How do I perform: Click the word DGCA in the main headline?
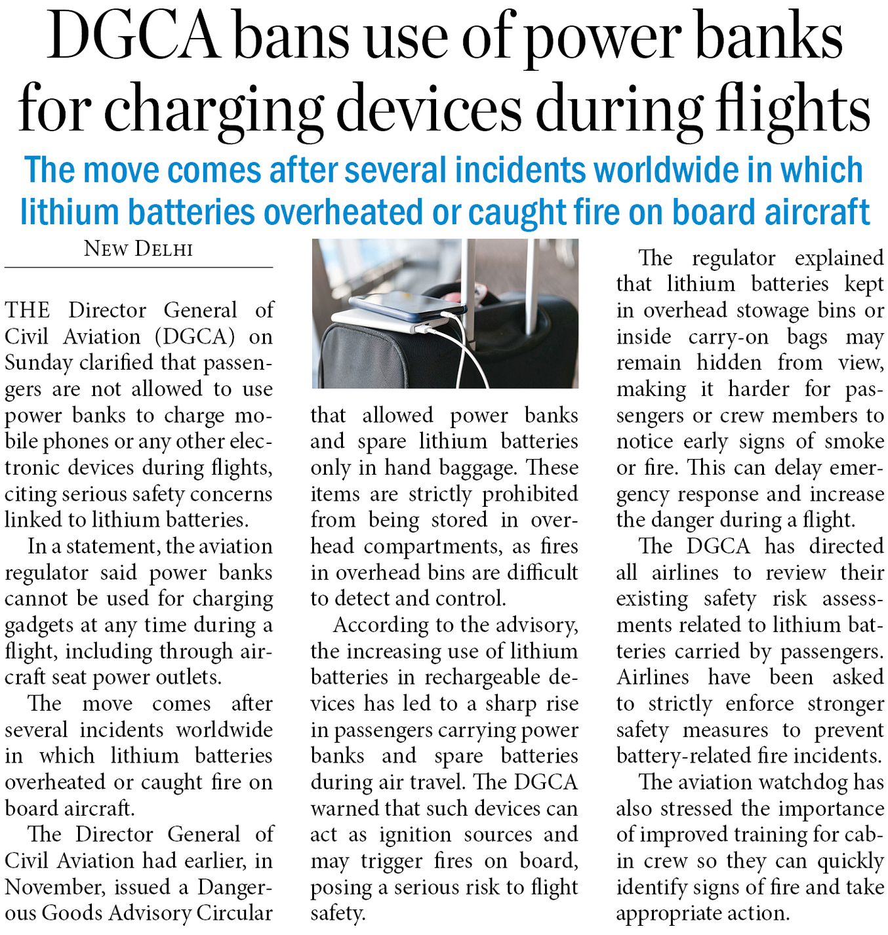(134, 37)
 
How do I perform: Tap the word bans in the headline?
(291, 37)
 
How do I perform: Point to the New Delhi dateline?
(138, 249)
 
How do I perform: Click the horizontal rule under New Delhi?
(138, 268)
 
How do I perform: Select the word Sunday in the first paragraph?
(38, 363)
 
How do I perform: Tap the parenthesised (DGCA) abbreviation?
(195, 336)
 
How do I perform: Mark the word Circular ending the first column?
(234, 913)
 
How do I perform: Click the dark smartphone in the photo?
(407, 304)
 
